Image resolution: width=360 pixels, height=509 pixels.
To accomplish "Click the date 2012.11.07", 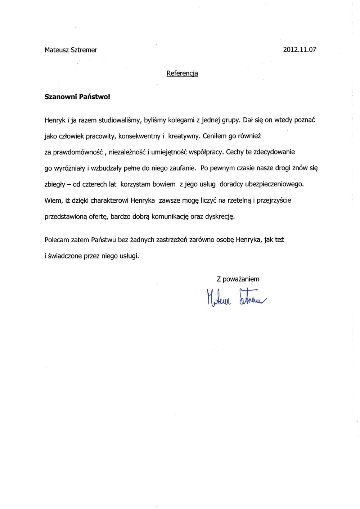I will [x=300, y=50].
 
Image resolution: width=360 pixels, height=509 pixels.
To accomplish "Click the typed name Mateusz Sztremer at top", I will [x=71, y=50].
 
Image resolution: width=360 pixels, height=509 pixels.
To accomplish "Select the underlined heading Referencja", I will [x=182, y=73].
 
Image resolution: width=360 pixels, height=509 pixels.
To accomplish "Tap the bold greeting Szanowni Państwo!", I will [x=77, y=97].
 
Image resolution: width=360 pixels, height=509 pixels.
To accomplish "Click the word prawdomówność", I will [x=78, y=152].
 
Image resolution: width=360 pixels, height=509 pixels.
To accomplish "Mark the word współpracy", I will [x=206, y=152].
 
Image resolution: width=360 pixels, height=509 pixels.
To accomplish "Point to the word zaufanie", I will [x=183, y=168].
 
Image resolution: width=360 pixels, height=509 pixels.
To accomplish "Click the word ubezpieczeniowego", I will [x=274, y=184].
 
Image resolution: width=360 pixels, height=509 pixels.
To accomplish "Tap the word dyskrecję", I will [x=220, y=217].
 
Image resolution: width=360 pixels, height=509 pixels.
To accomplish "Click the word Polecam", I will [x=57, y=240].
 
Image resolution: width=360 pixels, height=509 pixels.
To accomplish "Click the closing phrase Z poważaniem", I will [x=238, y=279].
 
